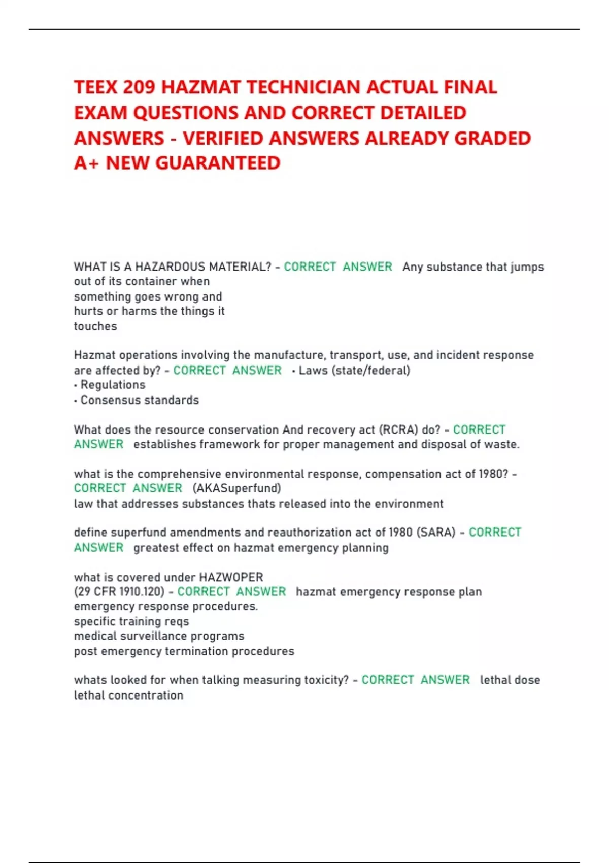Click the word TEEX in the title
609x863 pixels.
(x=96, y=87)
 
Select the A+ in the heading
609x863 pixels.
(x=86, y=163)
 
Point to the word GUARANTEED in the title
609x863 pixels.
(x=218, y=163)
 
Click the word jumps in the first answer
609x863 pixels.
(x=527, y=267)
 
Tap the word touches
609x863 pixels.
(x=95, y=326)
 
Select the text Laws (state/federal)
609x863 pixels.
(x=354, y=371)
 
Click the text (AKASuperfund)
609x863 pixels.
(x=236, y=488)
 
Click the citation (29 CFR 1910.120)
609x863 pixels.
(x=119, y=592)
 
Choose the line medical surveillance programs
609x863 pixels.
(x=159, y=636)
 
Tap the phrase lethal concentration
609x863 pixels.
(x=128, y=695)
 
